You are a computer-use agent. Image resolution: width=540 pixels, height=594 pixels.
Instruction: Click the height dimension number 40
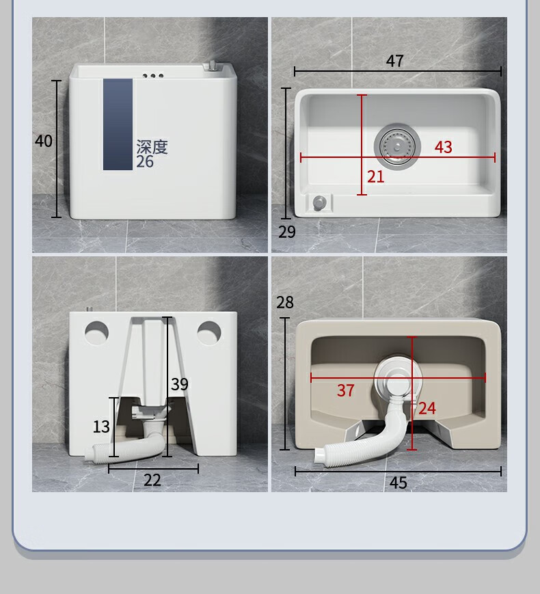44,141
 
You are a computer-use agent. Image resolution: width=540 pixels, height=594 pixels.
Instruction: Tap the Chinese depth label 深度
152,146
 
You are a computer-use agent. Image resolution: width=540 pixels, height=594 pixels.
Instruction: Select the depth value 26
145,162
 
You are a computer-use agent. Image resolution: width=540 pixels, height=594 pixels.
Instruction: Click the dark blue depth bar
118,124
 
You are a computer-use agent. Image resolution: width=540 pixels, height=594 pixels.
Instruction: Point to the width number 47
394,61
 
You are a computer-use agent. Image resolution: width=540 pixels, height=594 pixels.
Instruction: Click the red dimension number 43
443,147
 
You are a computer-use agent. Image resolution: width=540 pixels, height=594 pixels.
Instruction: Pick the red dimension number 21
375,176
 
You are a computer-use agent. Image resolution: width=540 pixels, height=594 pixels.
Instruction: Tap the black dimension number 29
287,232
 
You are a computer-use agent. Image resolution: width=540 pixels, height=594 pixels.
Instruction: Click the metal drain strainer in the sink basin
397,146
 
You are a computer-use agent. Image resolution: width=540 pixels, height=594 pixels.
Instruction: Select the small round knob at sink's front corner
319,202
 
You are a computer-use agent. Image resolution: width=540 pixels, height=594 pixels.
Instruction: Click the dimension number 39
179,384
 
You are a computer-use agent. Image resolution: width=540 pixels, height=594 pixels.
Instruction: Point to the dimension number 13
101,427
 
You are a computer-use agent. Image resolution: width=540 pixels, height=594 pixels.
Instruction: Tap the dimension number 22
152,481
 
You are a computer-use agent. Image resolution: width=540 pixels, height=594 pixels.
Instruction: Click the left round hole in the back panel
96,333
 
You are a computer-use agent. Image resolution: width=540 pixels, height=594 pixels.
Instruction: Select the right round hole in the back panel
209,333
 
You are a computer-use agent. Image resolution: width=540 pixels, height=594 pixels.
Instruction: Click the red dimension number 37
346,390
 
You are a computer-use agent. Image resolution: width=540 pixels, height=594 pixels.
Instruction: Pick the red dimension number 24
427,408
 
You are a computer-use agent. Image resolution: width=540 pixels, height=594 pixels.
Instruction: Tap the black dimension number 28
285,302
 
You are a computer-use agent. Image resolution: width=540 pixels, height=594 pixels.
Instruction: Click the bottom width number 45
398,483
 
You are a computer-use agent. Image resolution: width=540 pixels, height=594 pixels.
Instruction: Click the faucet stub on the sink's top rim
211,65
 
